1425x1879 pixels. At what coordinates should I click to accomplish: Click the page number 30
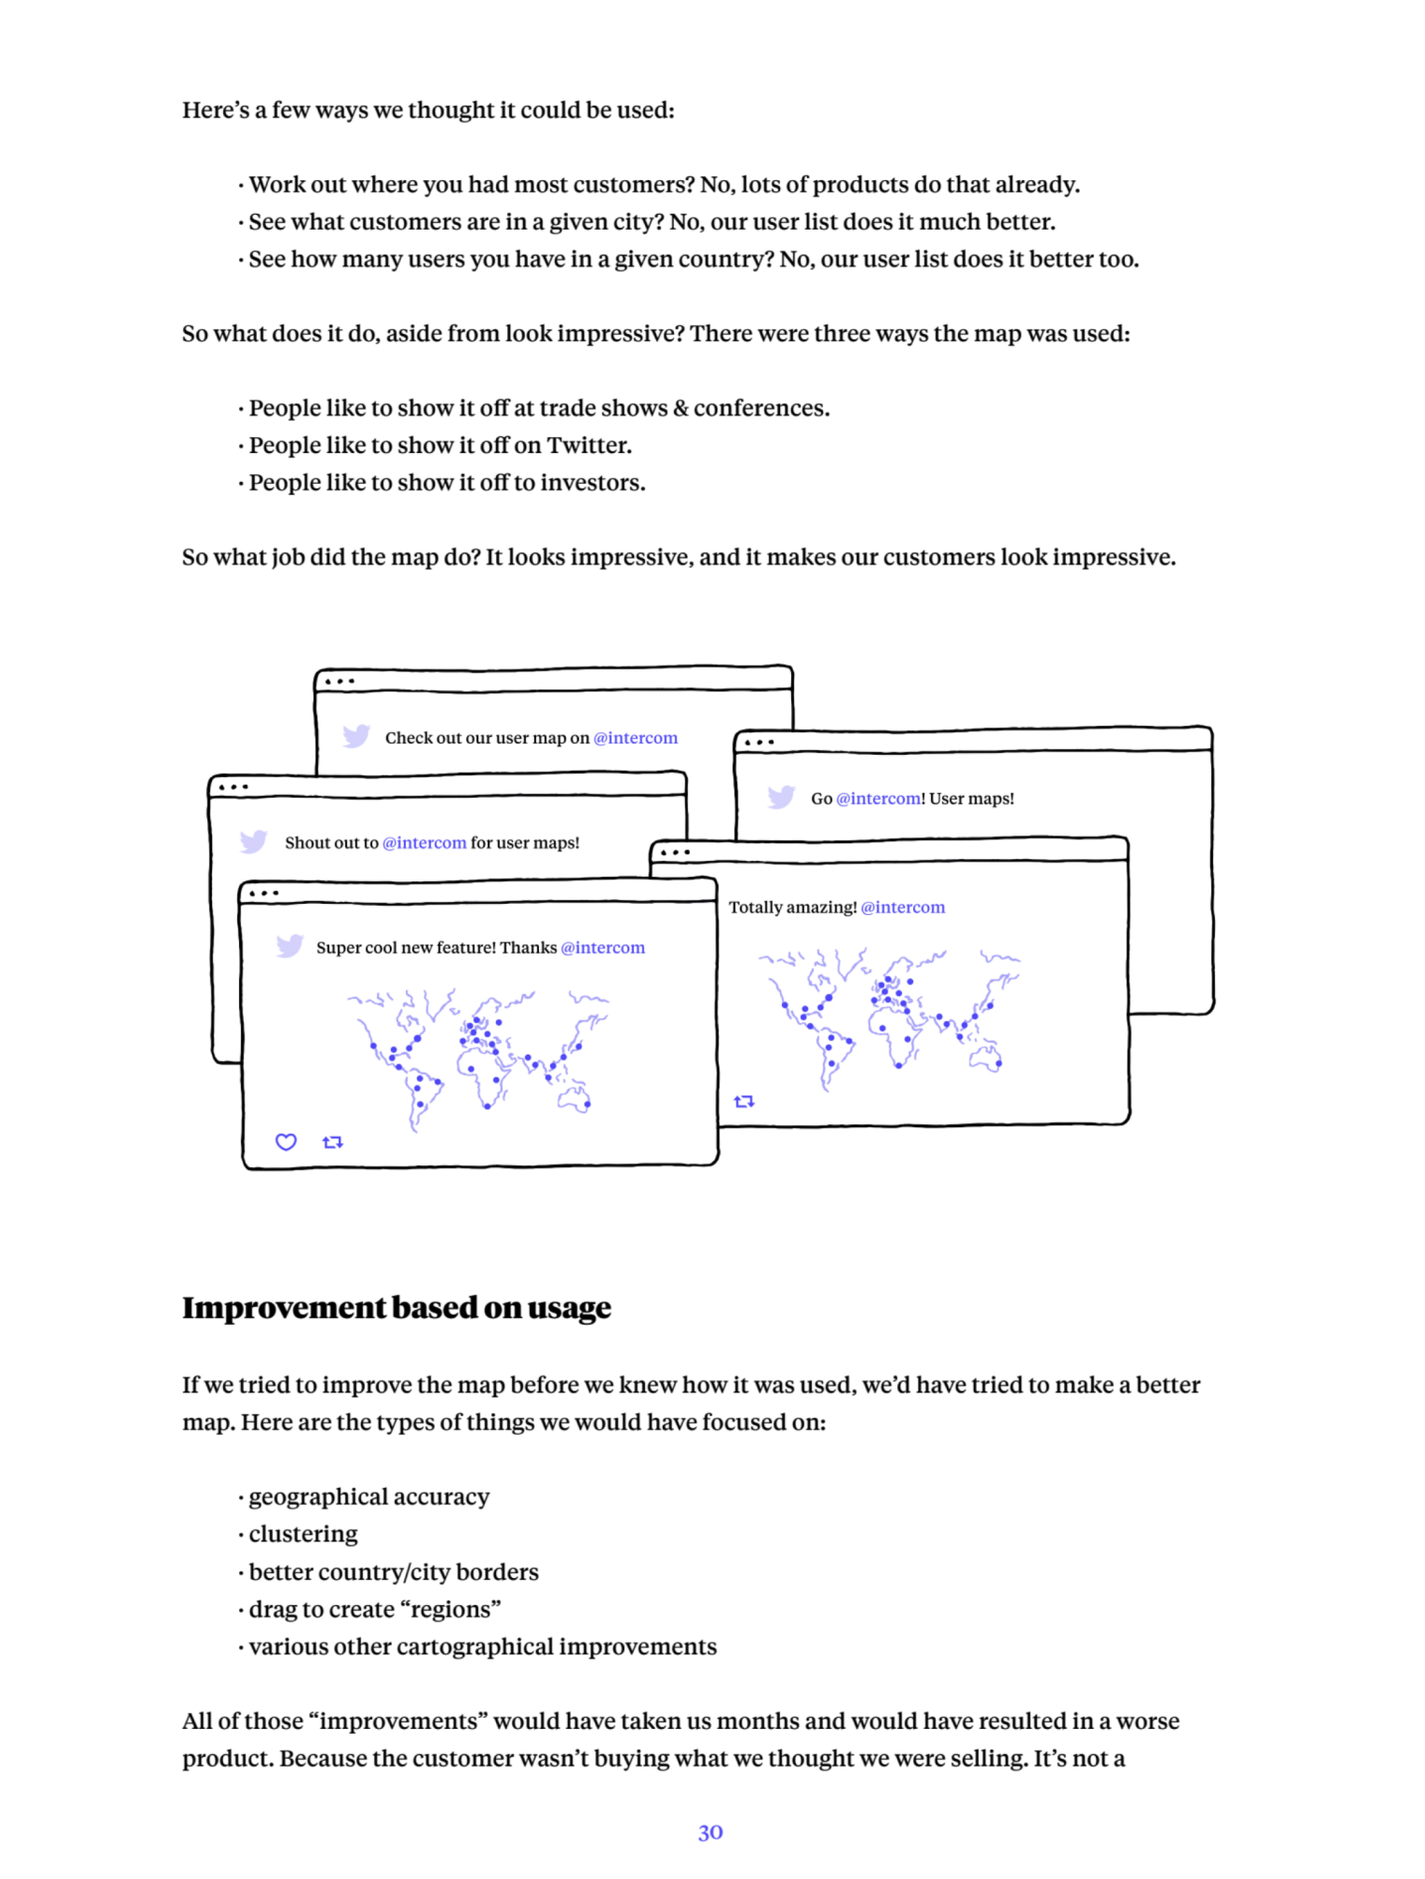coord(710,1832)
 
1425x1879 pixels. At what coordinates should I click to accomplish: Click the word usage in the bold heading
coord(569,1308)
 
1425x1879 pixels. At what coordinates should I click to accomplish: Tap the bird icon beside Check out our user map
coord(356,736)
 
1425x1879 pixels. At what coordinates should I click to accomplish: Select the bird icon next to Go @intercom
coord(781,797)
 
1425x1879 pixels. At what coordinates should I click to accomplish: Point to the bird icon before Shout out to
coord(253,841)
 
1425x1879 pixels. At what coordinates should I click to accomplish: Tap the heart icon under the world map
coord(286,1141)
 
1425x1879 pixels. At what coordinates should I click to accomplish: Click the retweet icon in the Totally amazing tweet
coord(744,1101)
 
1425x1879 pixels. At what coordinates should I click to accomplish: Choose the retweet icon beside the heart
coord(333,1141)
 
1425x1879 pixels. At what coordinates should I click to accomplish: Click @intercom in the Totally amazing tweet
coord(903,908)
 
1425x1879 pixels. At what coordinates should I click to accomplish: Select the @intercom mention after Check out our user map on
coord(636,738)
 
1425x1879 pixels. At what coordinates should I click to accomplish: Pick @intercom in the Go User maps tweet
coord(878,799)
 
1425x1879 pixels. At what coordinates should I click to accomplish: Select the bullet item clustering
coord(303,1535)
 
